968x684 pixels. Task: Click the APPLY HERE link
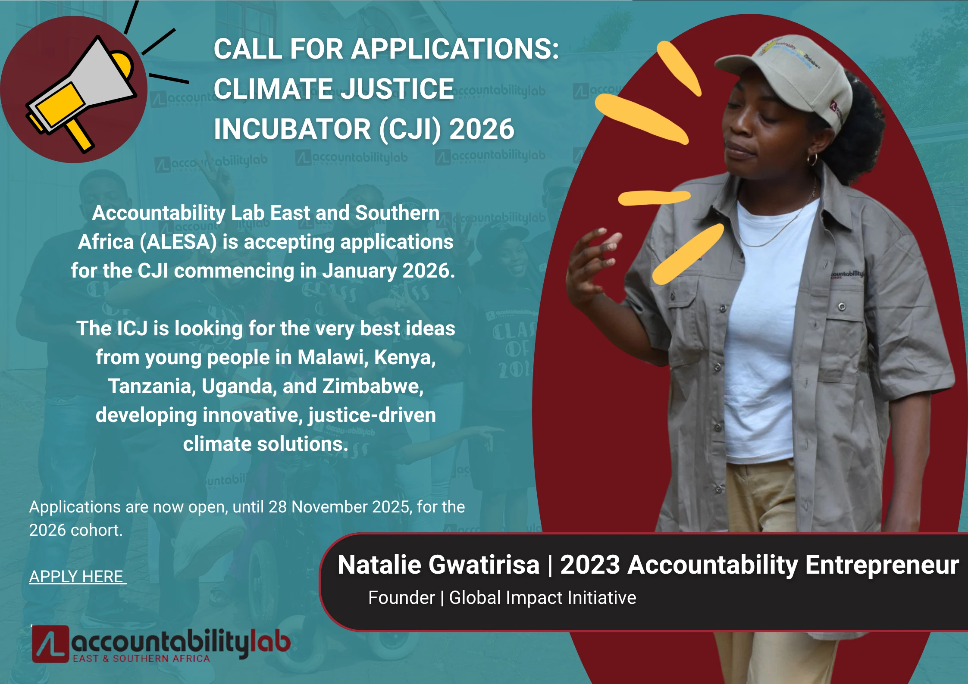point(78,577)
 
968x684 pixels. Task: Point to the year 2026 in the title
point(482,129)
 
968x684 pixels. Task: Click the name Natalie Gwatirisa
point(439,565)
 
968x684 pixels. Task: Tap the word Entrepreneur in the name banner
point(882,565)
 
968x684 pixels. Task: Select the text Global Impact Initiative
point(542,598)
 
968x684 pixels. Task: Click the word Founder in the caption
point(401,598)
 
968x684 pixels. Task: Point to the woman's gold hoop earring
point(812,159)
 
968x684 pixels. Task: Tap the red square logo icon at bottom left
point(50,644)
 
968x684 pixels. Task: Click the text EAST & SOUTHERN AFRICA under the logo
point(141,659)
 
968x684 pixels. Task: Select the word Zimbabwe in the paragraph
point(373,386)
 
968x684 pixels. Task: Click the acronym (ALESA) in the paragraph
point(179,242)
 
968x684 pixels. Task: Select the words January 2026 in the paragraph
point(388,271)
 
